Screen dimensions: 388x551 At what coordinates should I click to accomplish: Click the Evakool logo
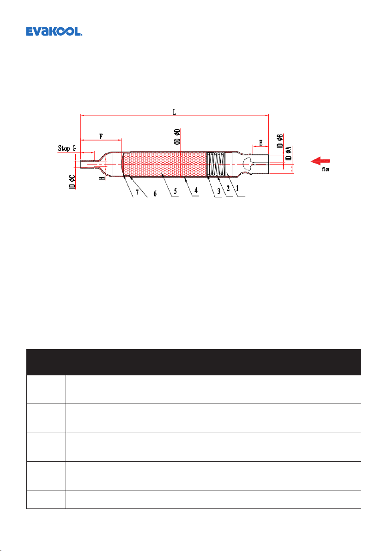(54, 31)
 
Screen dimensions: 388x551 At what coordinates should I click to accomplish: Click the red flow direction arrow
(321, 161)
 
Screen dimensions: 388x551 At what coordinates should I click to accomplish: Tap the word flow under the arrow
(326, 169)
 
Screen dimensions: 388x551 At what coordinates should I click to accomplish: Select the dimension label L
(175, 112)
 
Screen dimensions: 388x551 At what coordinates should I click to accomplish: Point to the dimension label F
(101, 136)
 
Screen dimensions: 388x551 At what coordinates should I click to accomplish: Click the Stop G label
(67, 148)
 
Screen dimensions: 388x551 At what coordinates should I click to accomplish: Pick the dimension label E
(261, 143)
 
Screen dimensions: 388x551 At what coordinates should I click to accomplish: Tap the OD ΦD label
(178, 137)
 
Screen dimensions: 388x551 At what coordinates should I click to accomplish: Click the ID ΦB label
(280, 141)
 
